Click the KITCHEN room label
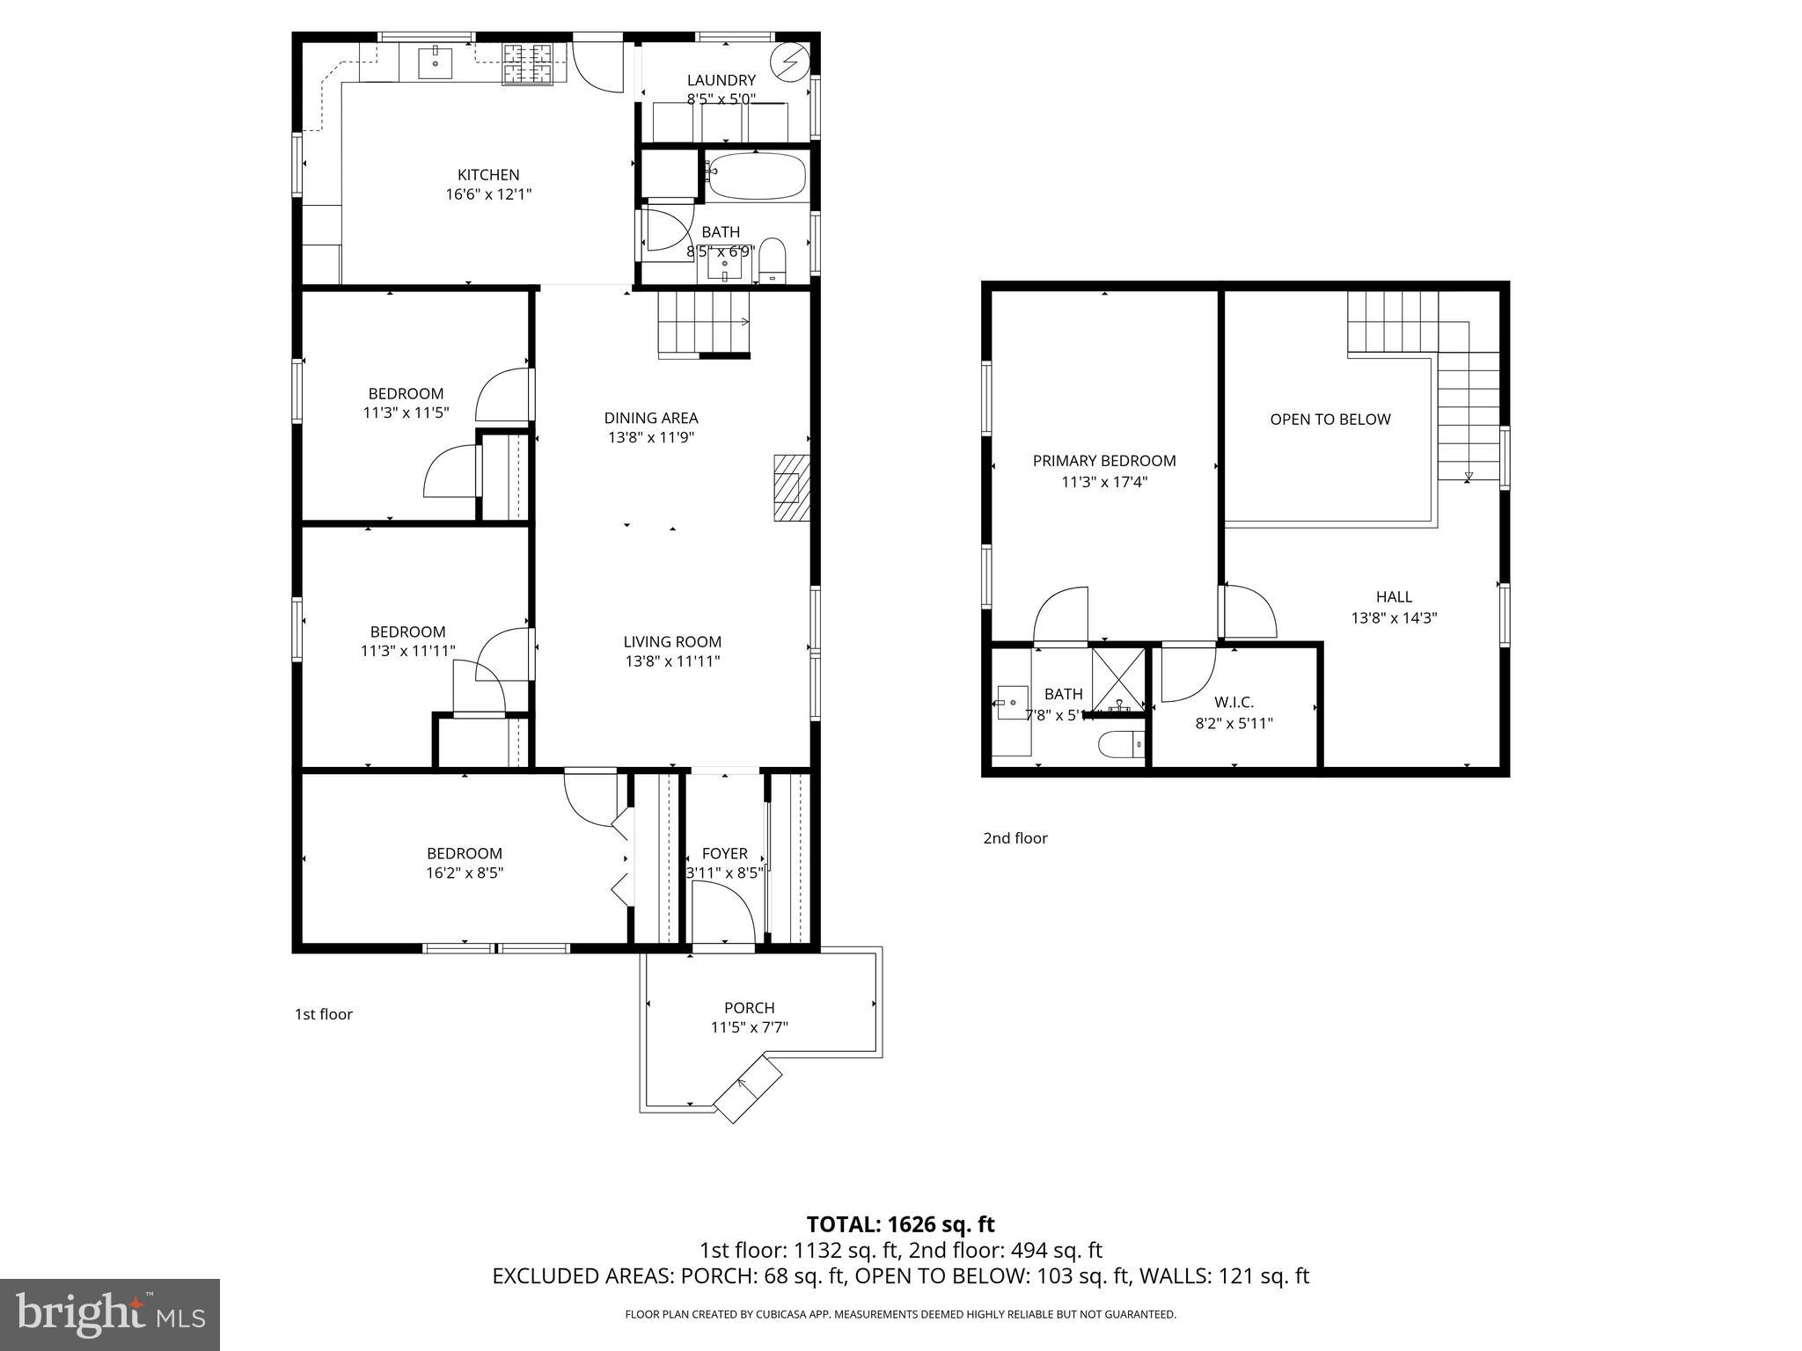click(x=488, y=175)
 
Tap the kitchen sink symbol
click(x=435, y=63)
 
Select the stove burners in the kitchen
click(x=527, y=64)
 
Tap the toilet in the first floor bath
click(x=772, y=259)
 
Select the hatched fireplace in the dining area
click(x=791, y=488)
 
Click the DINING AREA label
click(x=651, y=418)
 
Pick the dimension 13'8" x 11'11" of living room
click(x=672, y=661)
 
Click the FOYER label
click(x=724, y=853)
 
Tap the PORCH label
click(x=749, y=1008)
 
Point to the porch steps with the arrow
click(x=747, y=1090)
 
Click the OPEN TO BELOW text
click(x=1330, y=420)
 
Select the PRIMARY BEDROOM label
click(x=1103, y=461)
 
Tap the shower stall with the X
click(x=1118, y=679)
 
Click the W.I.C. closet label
click(x=1234, y=702)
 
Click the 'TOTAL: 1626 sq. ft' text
click(x=900, y=1224)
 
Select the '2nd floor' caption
click(x=1015, y=838)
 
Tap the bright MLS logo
click(x=110, y=1314)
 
